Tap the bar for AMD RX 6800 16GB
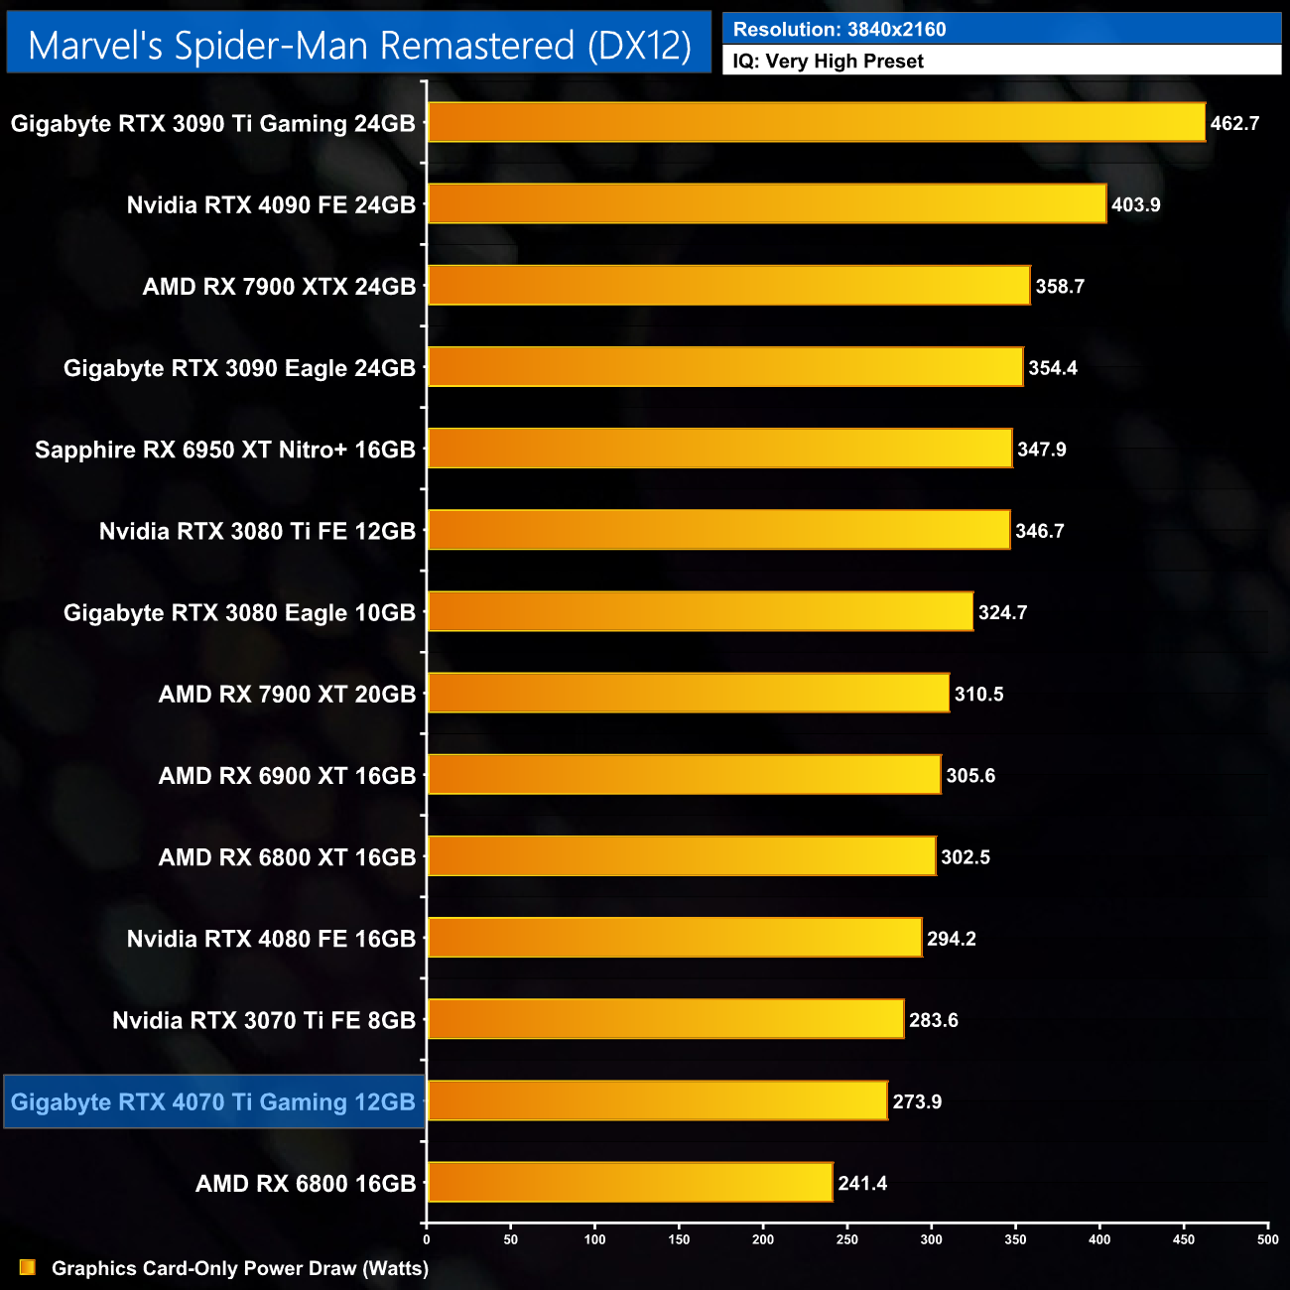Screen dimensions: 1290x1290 pyautogui.click(x=629, y=1183)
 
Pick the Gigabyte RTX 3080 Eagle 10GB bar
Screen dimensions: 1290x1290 pyautogui.click(x=700, y=612)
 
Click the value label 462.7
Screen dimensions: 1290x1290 pyautogui.click(x=1234, y=124)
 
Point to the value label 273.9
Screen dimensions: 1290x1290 pyautogui.click(x=917, y=1102)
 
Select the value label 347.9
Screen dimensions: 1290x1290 pyautogui.click(x=1042, y=450)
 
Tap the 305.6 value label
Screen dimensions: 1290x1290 pyautogui.click(x=970, y=776)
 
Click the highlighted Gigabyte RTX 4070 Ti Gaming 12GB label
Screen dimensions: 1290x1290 pyautogui.click(x=213, y=1102)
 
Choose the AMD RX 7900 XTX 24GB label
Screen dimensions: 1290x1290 pyautogui.click(x=279, y=287)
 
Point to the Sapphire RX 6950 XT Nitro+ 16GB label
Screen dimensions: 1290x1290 pyautogui.click(x=225, y=450)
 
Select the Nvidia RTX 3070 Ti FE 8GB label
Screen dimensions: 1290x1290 pyautogui.click(x=264, y=1021)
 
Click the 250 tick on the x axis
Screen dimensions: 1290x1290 pyautogui.click(x=847, y=1239)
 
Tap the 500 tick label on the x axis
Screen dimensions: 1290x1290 pyautogui.click(x=1268, y=1239)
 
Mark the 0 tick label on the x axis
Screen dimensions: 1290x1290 pyautogui.click(x=427, y=1239)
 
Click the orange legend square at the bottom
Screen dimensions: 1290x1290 pyautogui.click(x=28, y=1268)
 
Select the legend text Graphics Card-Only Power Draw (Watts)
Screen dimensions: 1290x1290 pyautogui.click(x=240, y=1268)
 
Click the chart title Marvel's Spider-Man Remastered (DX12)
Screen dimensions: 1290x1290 pyautogui.click(x=359, y=46)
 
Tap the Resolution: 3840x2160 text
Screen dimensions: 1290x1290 pyautogui.click(x=839, y=30)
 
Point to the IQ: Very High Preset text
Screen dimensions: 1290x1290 pyautogui.click(x=828, y=62)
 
